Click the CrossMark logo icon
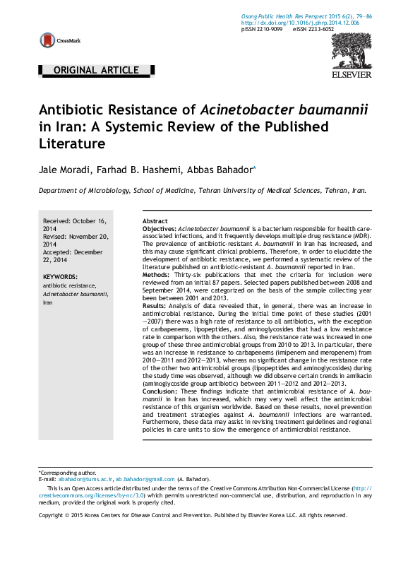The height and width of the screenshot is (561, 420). coord(47,40)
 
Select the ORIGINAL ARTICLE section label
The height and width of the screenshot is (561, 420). coord(96,70)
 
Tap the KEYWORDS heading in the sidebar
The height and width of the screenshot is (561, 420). coord(60,276)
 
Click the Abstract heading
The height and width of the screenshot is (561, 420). coord(155,221)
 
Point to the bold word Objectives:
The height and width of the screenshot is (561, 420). coord(159,230)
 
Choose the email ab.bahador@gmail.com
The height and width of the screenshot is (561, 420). coord(144,479)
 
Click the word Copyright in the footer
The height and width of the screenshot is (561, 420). coord(51,515)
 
